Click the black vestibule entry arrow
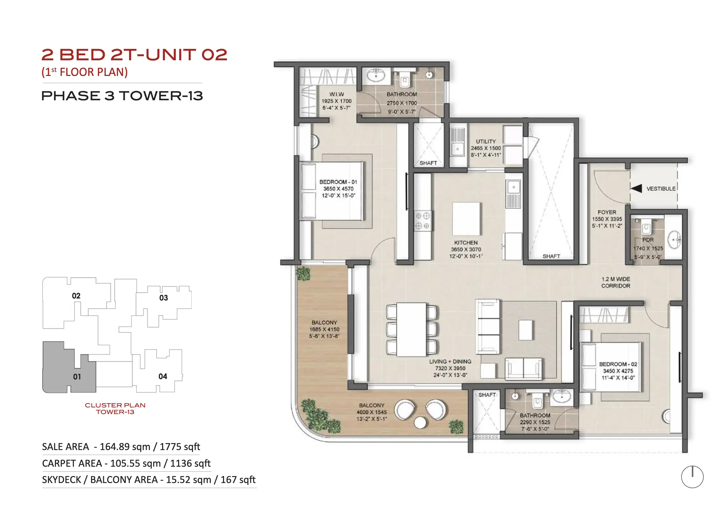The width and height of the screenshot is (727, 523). [x=636, y=189]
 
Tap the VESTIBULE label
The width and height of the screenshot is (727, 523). [x=661, y=189]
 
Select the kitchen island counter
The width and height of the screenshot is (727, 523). [x=466, y=219]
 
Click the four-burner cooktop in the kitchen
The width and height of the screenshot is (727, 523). [x=422, y=221]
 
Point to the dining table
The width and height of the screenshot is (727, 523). [x=411, y=329]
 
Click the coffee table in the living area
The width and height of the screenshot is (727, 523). [x=526, y=330]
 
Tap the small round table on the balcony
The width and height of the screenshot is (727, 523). [x=420, y=423]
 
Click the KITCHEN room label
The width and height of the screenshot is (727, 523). [x=466, y=243]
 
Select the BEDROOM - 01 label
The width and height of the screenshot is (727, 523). [x=338, y=182]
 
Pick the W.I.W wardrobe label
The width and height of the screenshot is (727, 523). [x=337, y=94]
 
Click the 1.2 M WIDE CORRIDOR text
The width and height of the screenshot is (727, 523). [x=615, y=282]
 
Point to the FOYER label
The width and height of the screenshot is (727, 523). [x=607, y=212]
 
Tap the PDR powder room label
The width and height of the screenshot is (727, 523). [x=648, y=240]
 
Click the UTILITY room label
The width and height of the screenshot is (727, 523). [x=486, y=141]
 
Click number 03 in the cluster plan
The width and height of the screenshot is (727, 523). [x=163, y=298]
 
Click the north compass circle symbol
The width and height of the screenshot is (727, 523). [x=692, y=477]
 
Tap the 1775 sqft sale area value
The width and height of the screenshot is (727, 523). [x=180, y=446]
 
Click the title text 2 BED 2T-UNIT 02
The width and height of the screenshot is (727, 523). [x=134, y=55]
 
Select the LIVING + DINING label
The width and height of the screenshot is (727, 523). [x=450, y=361]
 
